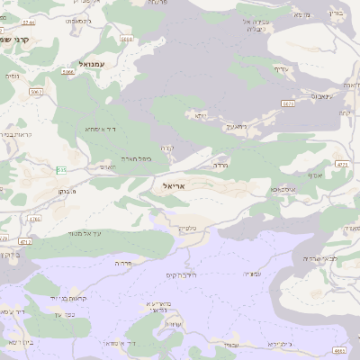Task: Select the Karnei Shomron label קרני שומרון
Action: pyautogui.click(x=14, y=40)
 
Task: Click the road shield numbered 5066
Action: pyautogui.click(x=67, y=72)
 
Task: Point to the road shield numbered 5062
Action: pyautogui.click(x=36, y=92)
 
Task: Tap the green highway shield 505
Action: pyautogui.click(x=61, y=169)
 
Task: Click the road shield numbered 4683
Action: pyautogui.click(x=338, y=350)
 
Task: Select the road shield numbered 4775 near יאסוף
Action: pyautogui.click(x=341, y=165)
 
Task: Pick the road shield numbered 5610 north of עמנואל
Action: pyautogui.click(x=126, y=40)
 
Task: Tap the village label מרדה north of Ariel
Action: pyautogui.click(x=220, y=166)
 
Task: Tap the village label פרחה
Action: pyautogui.click(x=123, y=262)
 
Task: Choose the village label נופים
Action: pyautogui.click(x=12, y=76)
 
